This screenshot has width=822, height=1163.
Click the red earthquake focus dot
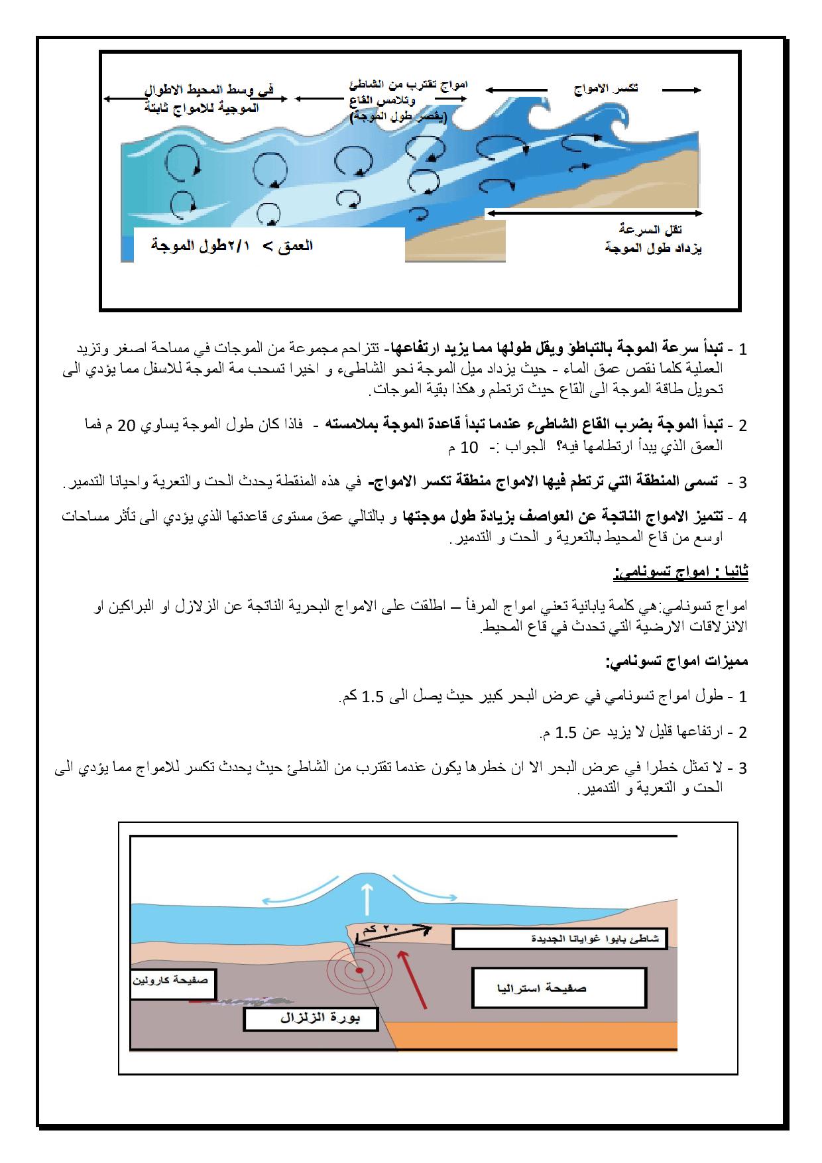[x=359, y=970]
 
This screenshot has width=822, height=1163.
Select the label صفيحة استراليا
[x=559, y=987]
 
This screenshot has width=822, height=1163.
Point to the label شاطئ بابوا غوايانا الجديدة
[x=560, y=939]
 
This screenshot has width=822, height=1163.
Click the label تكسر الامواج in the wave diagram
[x=606, y=89]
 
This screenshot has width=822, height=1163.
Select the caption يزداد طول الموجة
[x=652, y=249]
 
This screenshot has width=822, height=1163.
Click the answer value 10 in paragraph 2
[x=469, y=446]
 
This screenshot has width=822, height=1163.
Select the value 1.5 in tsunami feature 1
[x=373, y=696]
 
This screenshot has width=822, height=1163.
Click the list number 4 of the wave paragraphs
[x=742, y=517]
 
